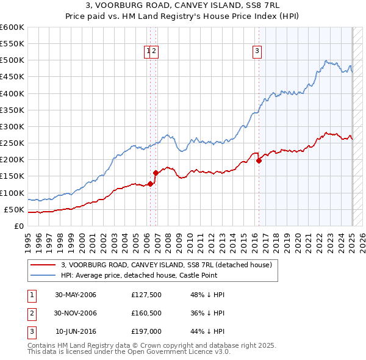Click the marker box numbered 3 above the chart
(257, 52)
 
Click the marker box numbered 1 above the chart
(148, 52)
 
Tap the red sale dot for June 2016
(259, 160)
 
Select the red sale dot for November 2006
(156, 173)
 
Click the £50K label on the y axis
(14, 210)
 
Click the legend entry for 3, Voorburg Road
(170, 265)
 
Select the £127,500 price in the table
(146, 295)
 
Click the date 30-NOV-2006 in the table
(76, 314)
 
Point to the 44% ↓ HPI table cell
(207, 332)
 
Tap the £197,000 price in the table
(146, 332)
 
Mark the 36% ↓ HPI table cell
(207, 314)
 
